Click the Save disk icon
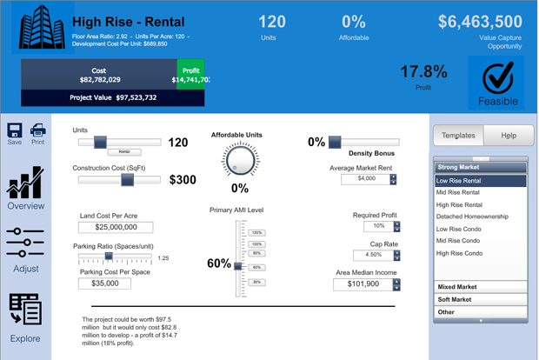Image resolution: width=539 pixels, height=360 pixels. pos(15,130)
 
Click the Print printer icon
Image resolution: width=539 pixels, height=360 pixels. pos(38,130)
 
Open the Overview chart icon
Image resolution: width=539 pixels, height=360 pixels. pos(25,183)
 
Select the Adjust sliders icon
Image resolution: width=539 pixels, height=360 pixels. pos(25,243)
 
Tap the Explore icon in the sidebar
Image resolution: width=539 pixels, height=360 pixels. pos(25,310)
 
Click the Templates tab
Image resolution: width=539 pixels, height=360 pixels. pos(458,136)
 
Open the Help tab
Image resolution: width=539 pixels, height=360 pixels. pos(509,136)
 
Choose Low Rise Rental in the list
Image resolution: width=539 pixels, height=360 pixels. pos(480,181)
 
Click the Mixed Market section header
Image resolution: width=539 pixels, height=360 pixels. pos(480,286)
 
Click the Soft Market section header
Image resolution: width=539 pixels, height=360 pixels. pos(480,299)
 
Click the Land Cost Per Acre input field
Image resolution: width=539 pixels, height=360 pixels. pos(115,227)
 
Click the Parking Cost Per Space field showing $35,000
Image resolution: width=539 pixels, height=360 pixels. pos(104,283)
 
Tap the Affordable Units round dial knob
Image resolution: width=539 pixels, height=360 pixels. pos(240,160)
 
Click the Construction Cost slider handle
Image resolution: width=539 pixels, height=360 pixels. pos(127,180)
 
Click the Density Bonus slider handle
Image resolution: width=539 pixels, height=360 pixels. pos(335,142)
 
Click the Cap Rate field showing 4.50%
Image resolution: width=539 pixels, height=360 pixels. pos(372,256)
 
